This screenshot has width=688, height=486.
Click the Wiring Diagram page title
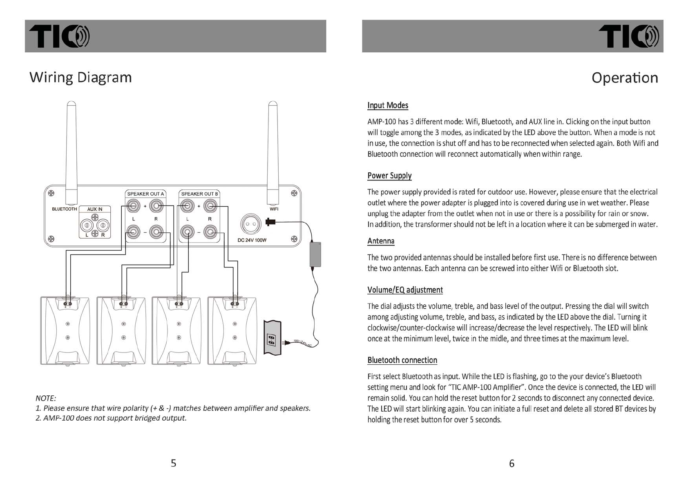[80, 77]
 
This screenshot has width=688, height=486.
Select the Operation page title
[624, 78]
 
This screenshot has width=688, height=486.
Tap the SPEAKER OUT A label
[145, 194]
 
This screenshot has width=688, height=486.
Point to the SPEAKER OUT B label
[199, 194]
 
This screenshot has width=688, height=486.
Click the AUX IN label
[95, 209]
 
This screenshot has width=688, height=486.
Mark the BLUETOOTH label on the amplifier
[64, 209]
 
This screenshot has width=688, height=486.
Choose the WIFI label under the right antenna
[274, 209]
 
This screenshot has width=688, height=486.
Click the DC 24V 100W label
[252, 240]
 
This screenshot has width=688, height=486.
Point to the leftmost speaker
[65, 331]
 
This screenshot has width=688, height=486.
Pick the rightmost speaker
[232, 331]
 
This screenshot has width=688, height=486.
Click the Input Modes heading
[388, 105]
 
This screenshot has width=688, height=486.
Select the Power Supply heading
[389, 176]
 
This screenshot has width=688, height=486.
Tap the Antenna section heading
[381, 241]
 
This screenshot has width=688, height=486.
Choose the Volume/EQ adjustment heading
[405, 290]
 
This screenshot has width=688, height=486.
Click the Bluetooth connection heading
[402, 360]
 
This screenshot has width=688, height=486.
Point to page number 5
[174, 463]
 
